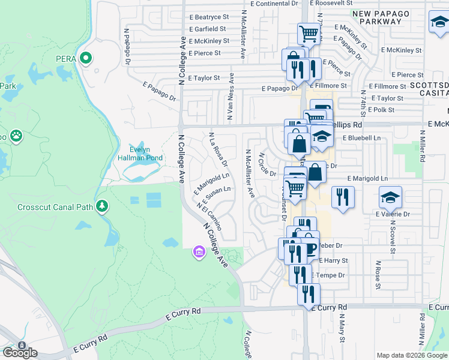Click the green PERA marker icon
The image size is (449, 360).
point(86,58)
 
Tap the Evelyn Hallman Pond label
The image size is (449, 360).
point(146,154)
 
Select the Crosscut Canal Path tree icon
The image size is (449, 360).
point(103,206)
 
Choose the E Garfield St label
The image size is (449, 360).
point(207,29)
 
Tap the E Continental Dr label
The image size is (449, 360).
point(274,4)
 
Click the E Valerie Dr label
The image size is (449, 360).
point(393,214)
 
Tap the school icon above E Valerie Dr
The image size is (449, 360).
point(390,196)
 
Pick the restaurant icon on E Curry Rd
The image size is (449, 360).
point(309,294)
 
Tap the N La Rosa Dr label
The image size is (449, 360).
point(218,149)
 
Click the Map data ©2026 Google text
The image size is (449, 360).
point(411,355)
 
